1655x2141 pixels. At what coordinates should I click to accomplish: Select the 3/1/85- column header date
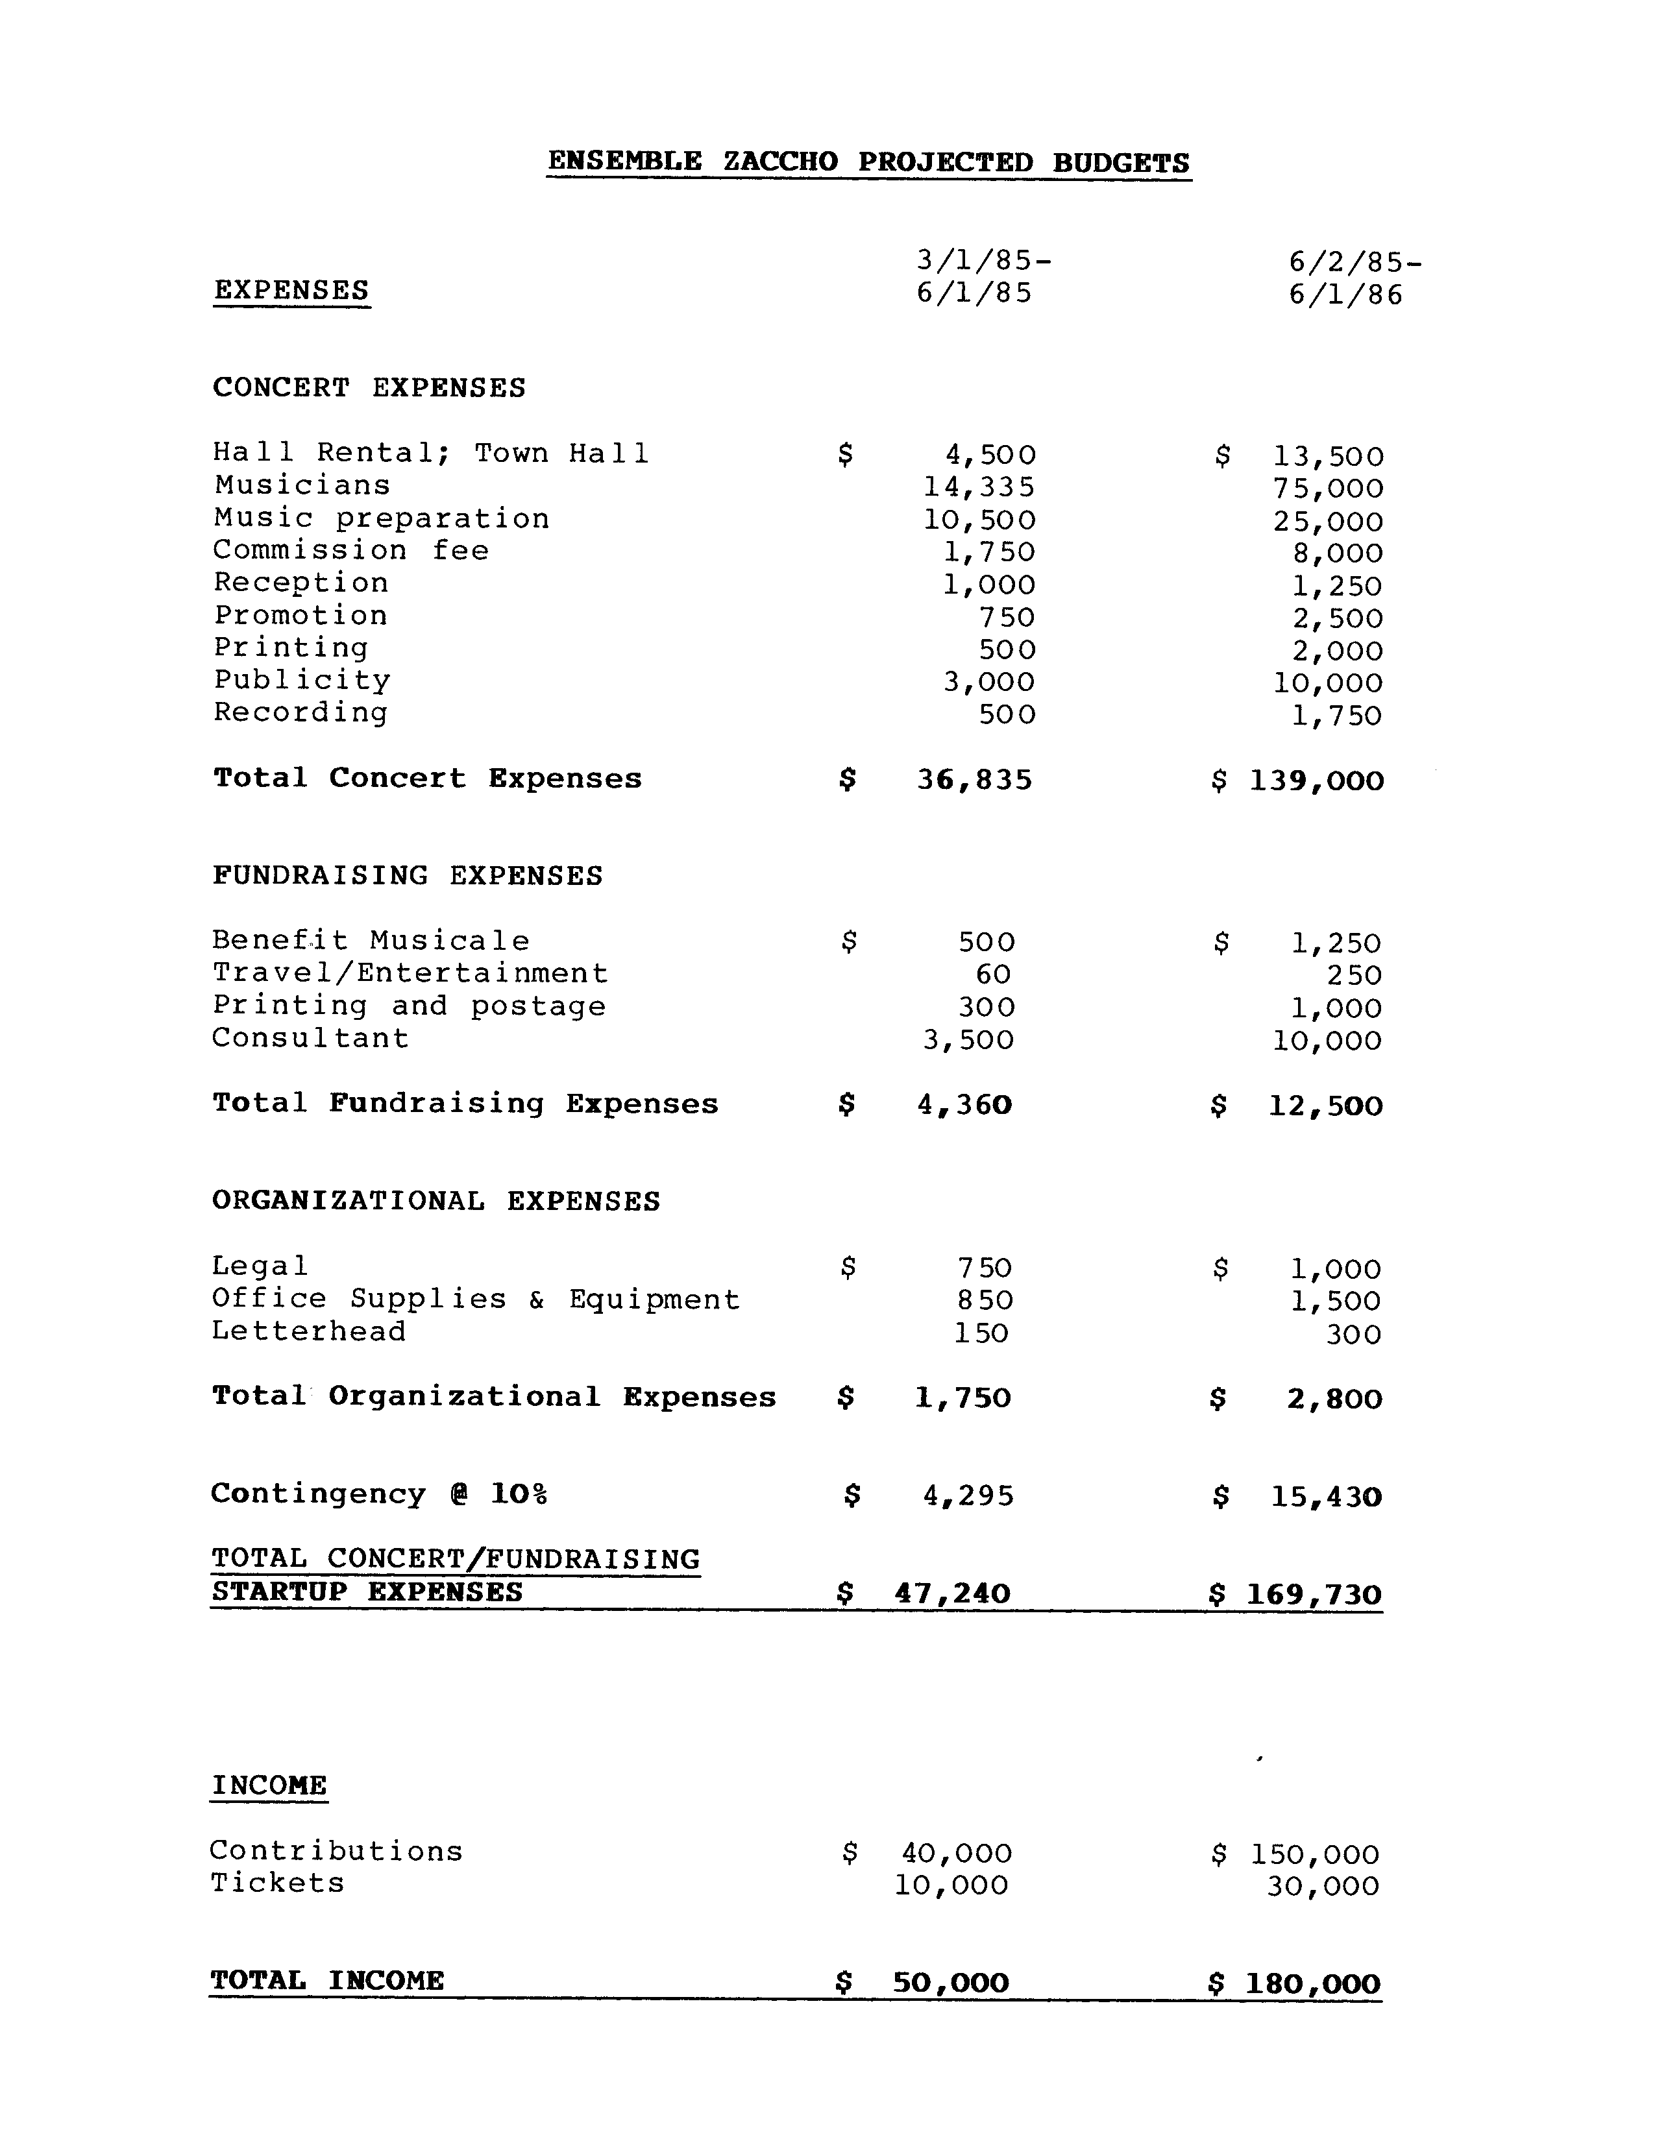(x=983, y=261)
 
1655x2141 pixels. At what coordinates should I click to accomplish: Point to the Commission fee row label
(x=351, y=550)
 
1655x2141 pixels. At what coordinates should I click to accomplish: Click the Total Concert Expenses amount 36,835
(x=975, y=779)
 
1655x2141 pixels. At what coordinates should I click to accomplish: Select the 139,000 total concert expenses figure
(x=1316, y=781)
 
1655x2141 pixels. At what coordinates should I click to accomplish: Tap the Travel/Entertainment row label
(x=411, y=973)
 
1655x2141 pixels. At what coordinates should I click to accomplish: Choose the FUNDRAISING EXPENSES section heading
(x=408, y=875)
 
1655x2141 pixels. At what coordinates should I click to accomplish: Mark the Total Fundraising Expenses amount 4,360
(x=964, y=1105)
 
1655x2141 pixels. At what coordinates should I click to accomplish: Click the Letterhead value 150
(x=981, y=1333)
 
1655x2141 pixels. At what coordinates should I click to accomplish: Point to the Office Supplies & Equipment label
(x=476, y=1300)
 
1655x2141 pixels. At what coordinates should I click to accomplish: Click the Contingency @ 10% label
(x=378, y=1494)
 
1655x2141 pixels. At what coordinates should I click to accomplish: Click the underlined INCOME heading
(x=269, y=1785)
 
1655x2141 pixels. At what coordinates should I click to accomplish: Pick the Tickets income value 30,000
(x=1323, y=1886)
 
